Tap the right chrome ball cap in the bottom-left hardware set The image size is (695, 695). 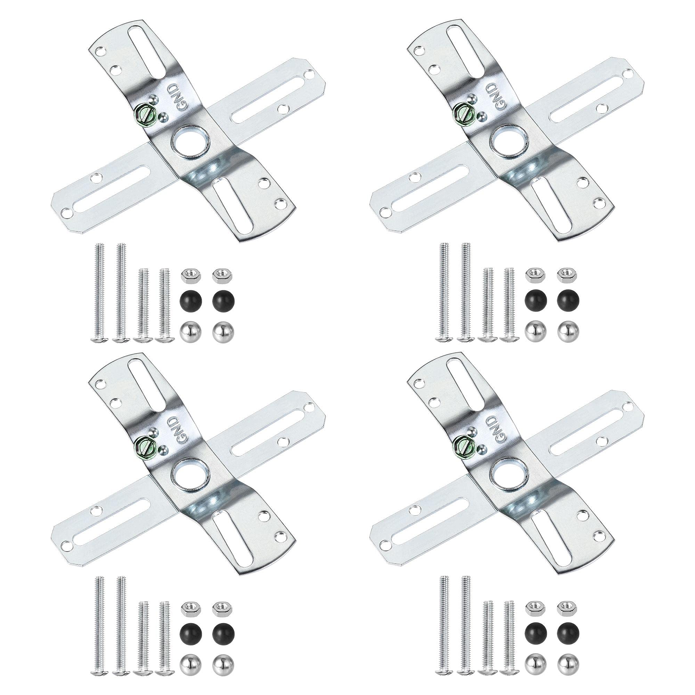click(223, 663)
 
